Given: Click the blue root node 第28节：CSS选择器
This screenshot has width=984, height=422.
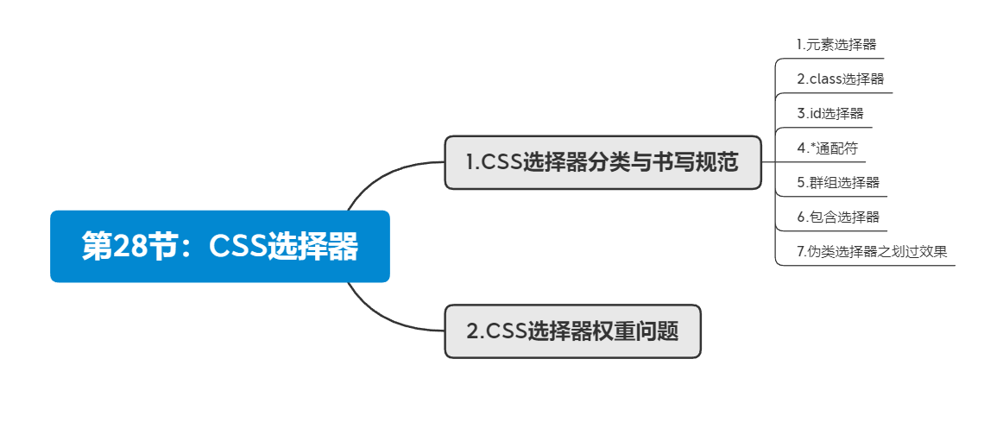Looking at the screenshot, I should [x=220, y=247].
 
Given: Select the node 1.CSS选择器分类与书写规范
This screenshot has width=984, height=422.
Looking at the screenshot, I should [x=602, y=162].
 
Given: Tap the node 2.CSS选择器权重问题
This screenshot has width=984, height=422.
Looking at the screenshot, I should [x=572, y=331].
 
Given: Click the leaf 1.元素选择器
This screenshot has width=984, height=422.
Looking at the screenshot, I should [x=830, y=43].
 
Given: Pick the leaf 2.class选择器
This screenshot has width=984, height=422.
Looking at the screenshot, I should [x=840, y=79].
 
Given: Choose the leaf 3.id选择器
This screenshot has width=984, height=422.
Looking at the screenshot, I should [x=829, y=113].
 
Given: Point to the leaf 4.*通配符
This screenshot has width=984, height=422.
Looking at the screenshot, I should [x=827, y=148].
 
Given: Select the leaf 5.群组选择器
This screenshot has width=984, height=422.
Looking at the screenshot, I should [x=838, y=182].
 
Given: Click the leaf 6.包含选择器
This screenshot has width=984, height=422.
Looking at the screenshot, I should [x=838, y=217].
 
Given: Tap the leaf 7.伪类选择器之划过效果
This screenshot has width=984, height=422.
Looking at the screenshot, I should [x=872, y=252].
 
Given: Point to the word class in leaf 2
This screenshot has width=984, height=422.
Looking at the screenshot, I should [x=825, y=79].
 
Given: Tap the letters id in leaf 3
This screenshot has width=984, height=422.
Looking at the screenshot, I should [x=816, y=113].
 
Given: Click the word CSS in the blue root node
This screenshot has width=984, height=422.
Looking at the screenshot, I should [x=238, y=247].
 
